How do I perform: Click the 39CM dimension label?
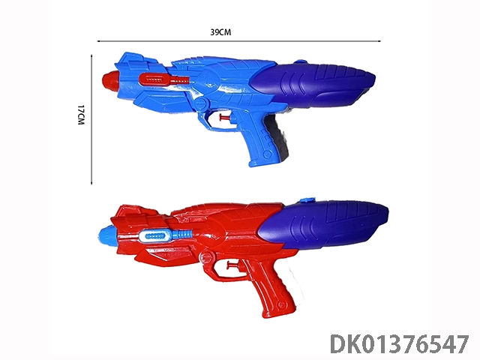(x=220, y=32)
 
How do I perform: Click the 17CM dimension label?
(x=81, y=115)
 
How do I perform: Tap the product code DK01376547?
(x=400, y=345)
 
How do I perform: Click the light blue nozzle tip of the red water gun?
(x=107, y=236)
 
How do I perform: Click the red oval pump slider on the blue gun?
(x=153, y=79)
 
